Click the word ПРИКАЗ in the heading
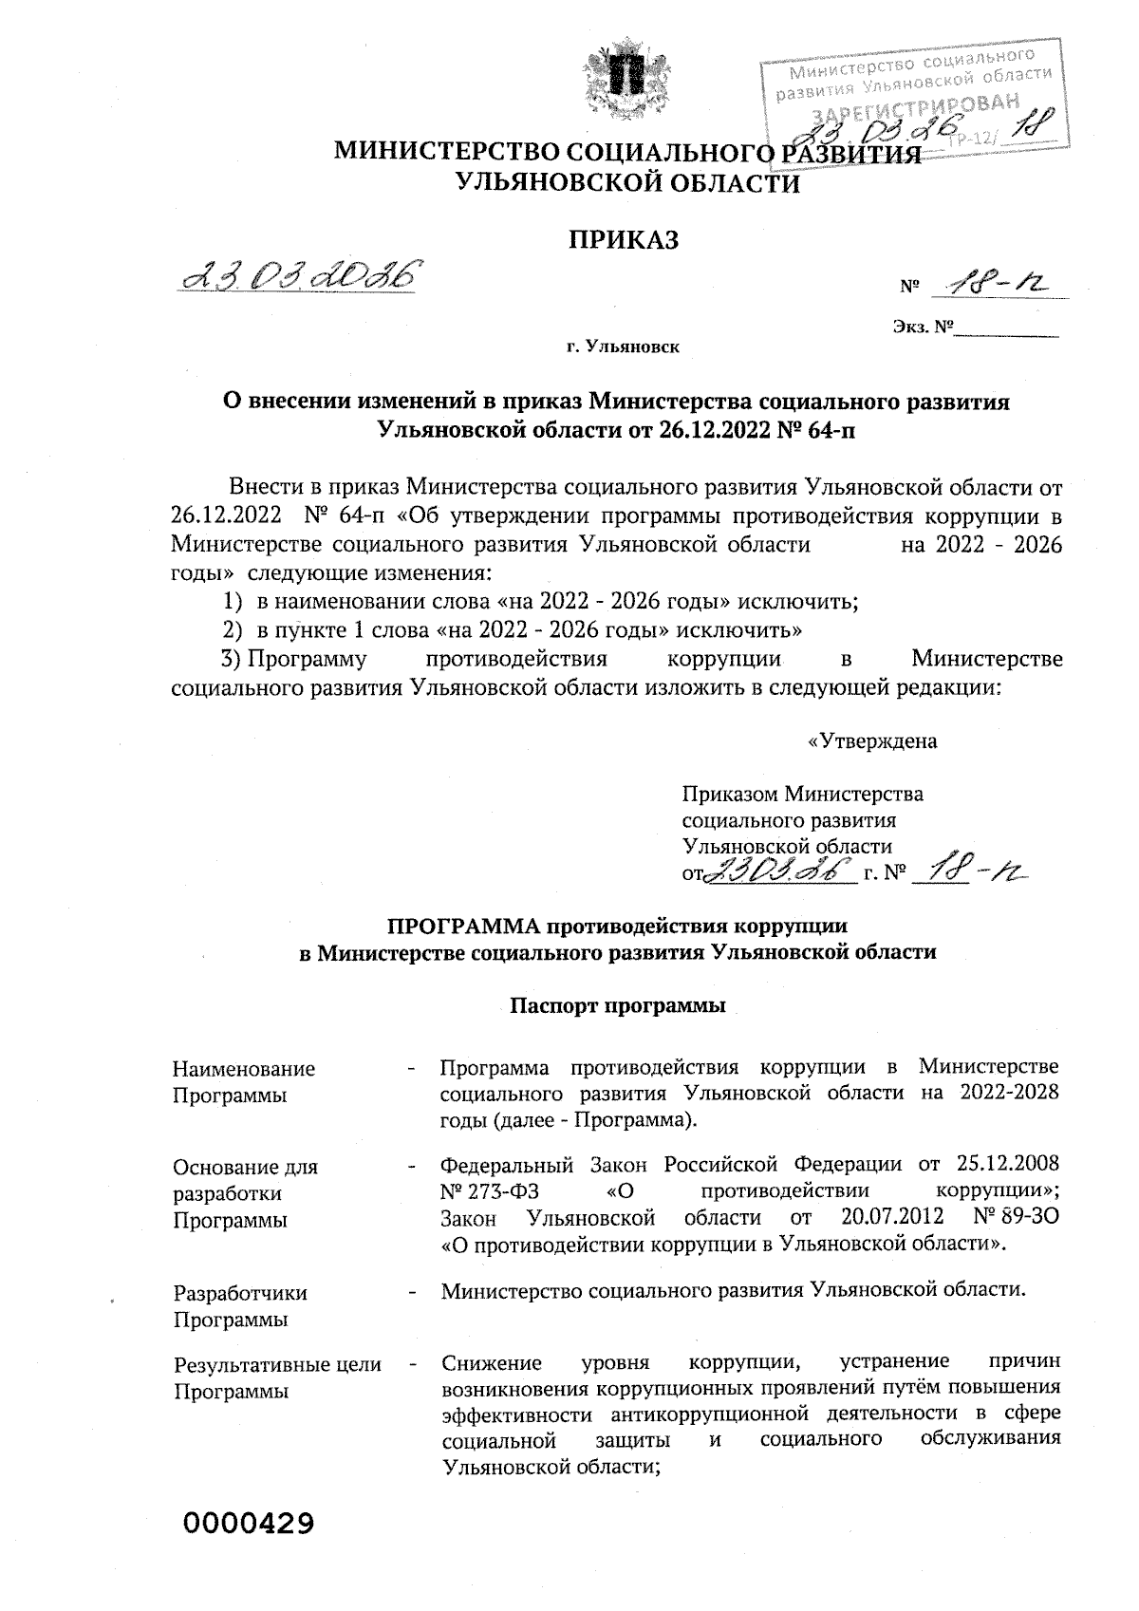click(623, 240)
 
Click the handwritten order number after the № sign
click(993, 281)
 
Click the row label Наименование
click(244, 1069)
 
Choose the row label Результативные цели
click(277, 1365)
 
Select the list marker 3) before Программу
click(228, 659)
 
